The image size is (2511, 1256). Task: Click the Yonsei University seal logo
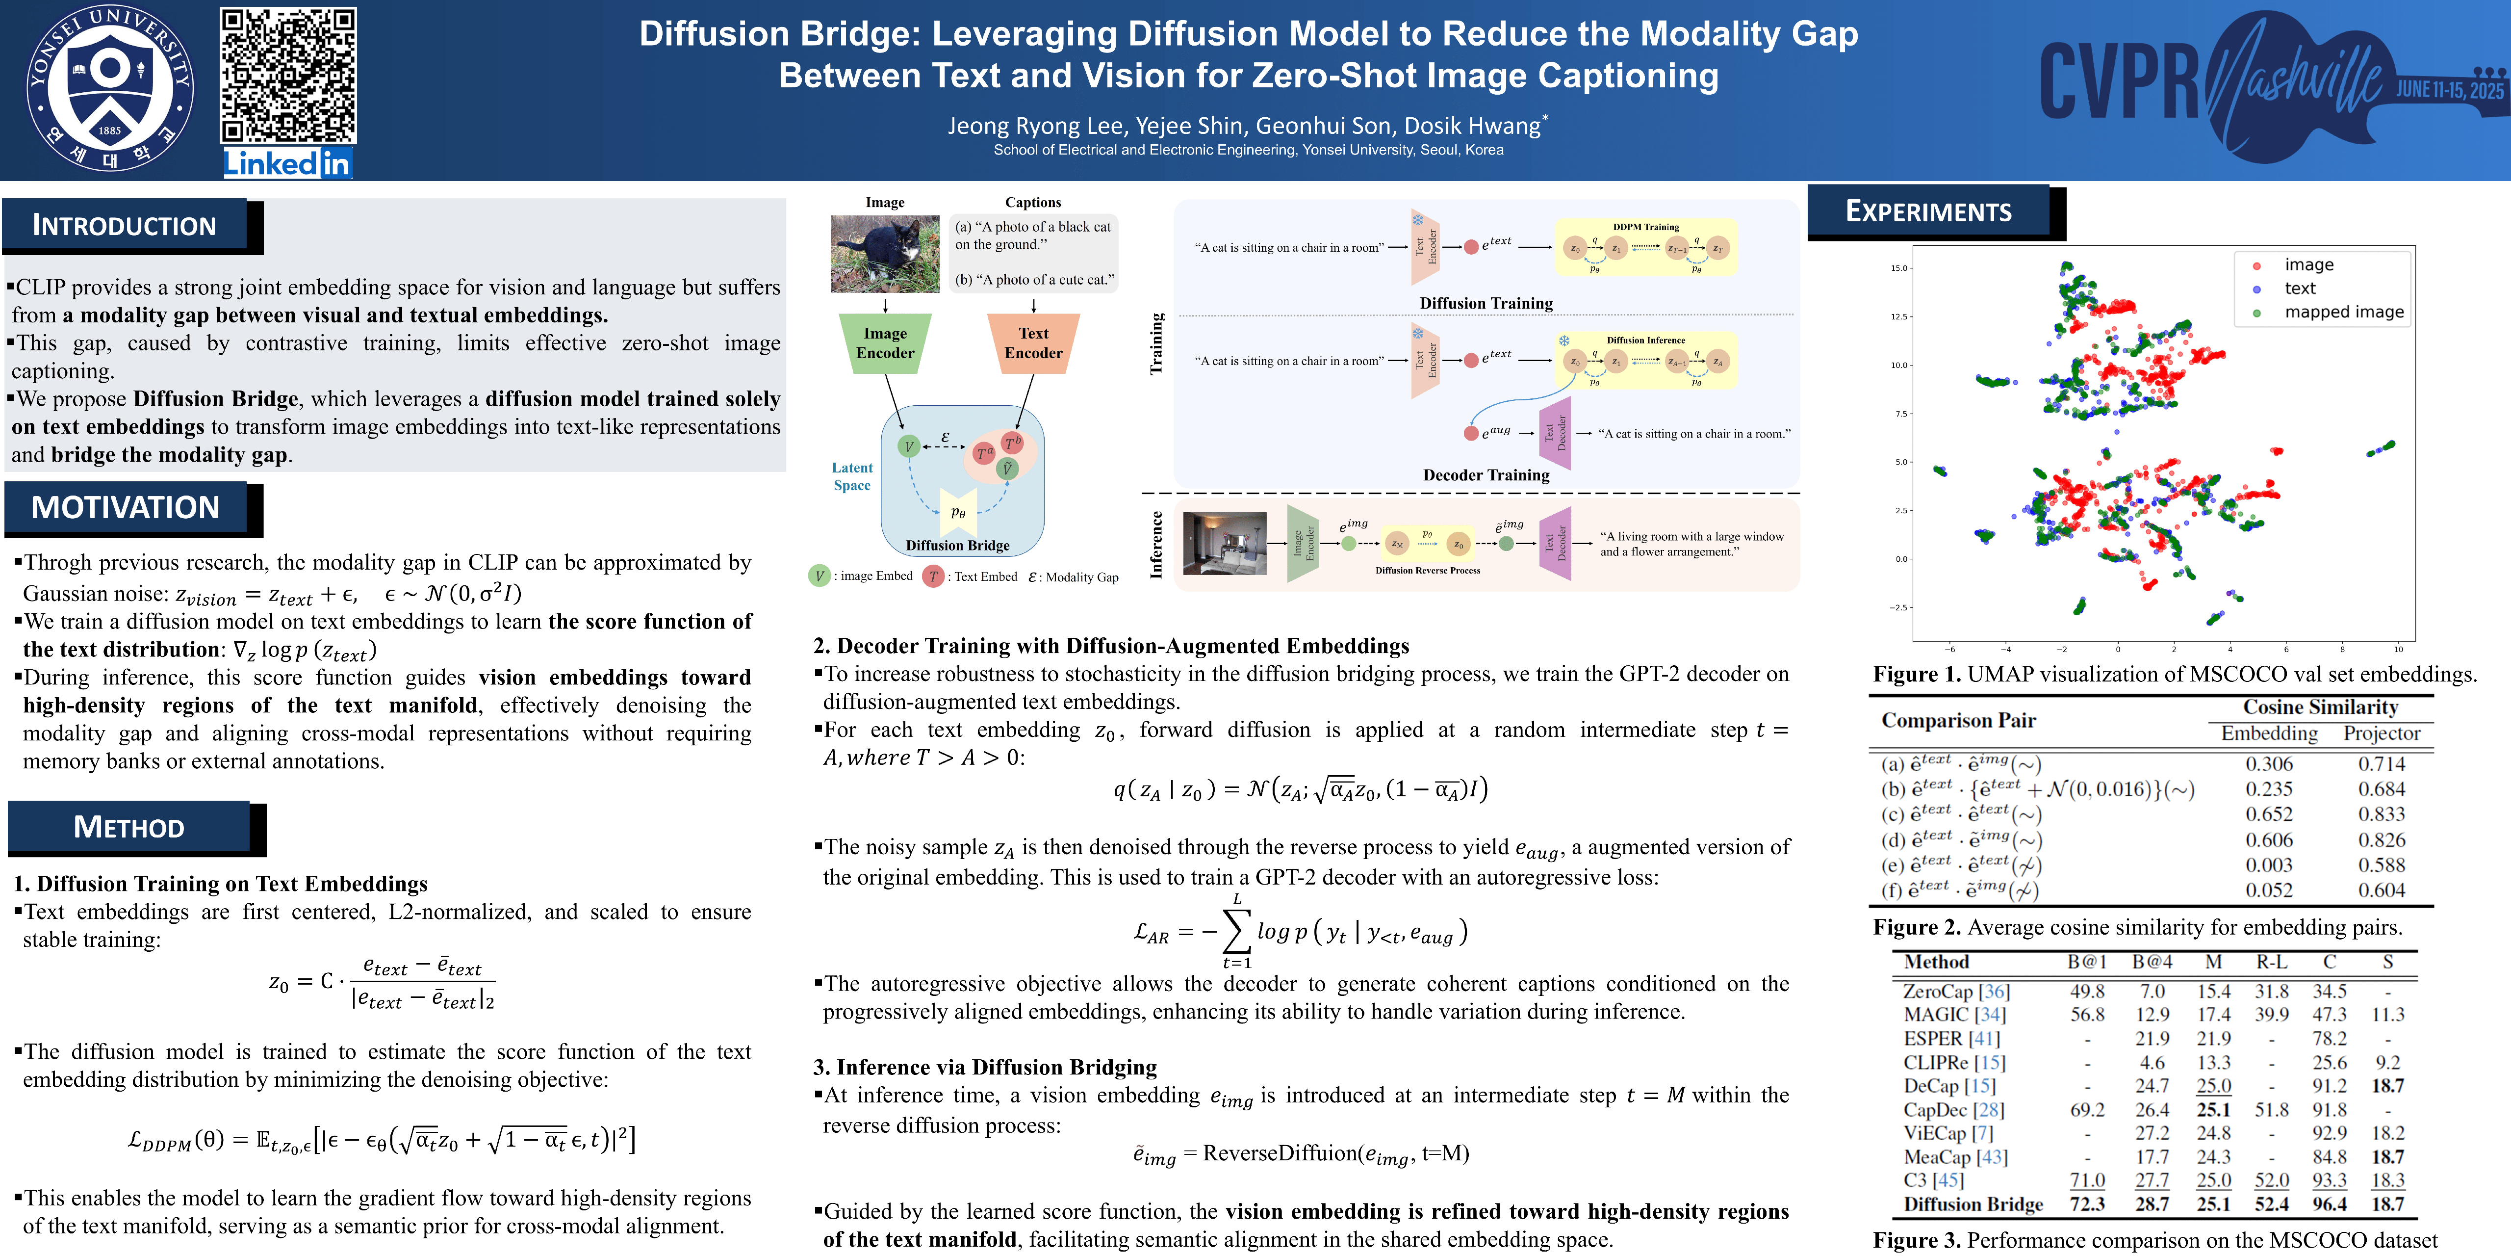[x=109, y=90]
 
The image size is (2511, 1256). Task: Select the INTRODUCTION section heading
[x=125, y=225]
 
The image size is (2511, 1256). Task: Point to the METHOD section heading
[x=128, y=827]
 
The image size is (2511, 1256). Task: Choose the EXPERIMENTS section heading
[x=1928, y=211]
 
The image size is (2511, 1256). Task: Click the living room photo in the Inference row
[x=1224, y=543]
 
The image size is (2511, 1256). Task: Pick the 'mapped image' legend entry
[x=2343, y=312]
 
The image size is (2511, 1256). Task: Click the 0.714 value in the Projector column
[x=2382, y=763]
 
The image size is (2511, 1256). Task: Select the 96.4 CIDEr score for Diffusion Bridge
[x=2329, y=1204]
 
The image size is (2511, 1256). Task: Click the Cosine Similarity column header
[x=2320, y=707]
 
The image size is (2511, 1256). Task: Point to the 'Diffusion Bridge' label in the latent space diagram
[x=957, y=545]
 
